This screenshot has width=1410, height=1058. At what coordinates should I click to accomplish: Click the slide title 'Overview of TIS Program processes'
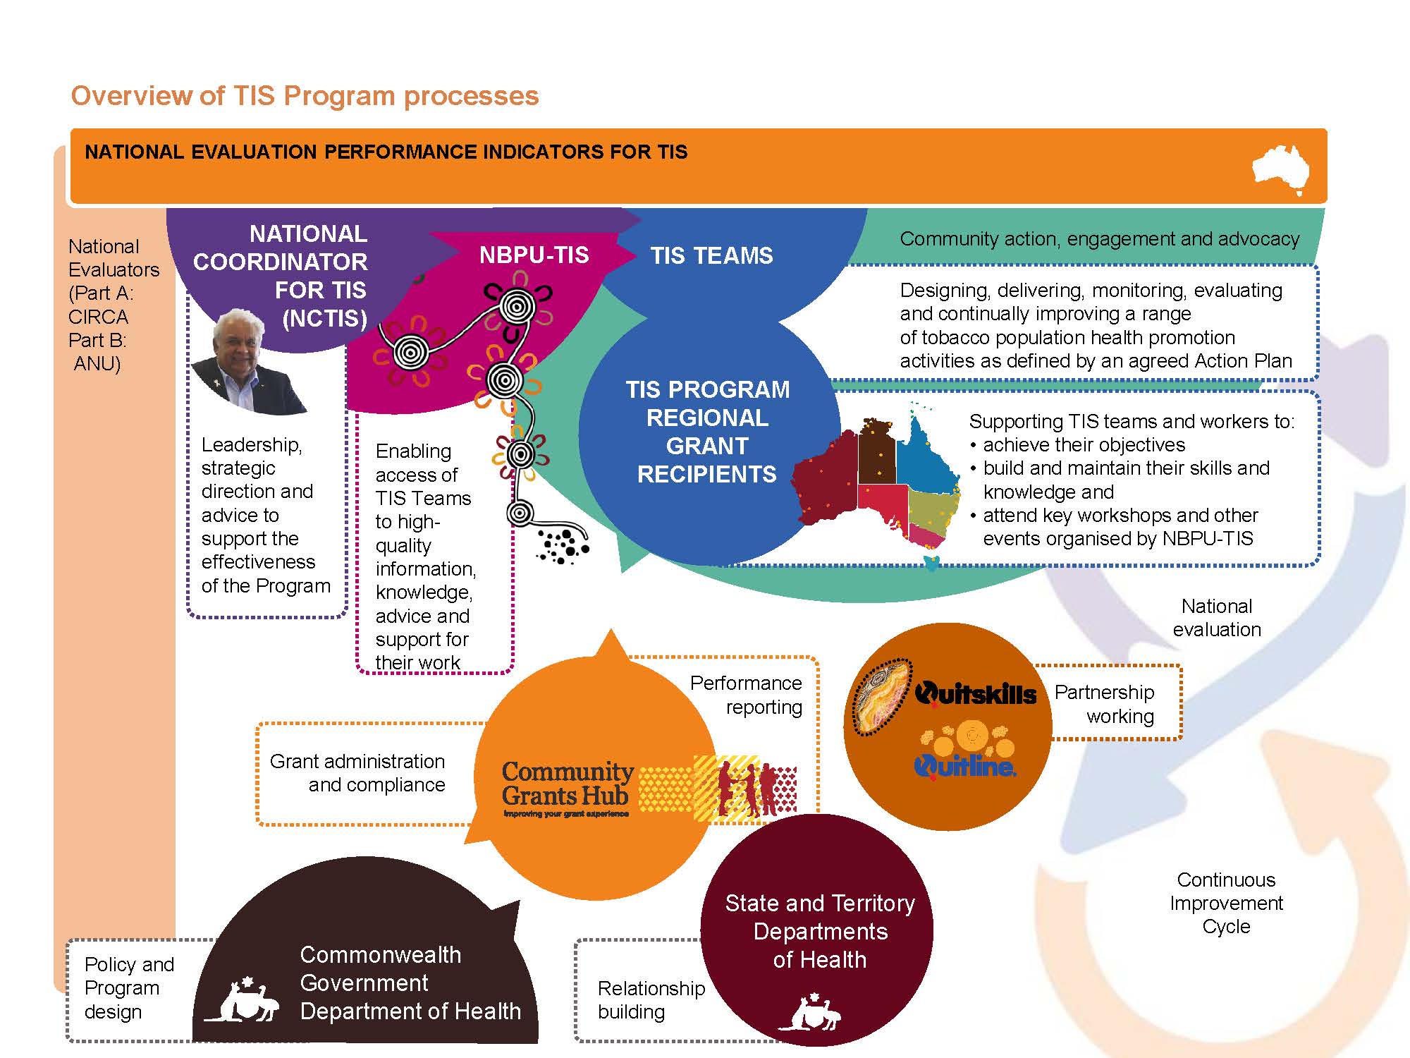[305, 96]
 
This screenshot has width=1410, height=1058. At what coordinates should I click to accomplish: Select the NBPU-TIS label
[534, 255]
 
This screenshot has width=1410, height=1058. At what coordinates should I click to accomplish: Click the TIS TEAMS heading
[711, 255]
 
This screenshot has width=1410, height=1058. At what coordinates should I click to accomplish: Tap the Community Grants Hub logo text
[566, 784]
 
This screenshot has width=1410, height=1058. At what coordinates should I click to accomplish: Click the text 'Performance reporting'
[746, 695]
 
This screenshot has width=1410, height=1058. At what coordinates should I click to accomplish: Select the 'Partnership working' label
[1105, 704]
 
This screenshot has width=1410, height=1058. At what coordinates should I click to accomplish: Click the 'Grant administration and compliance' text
[358, 773]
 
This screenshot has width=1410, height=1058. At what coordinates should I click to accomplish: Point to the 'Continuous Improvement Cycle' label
[1226, 903]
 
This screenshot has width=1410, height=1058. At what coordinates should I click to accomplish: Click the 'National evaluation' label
[1217, 618]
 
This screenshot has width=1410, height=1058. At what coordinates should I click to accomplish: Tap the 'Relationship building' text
[650, 999]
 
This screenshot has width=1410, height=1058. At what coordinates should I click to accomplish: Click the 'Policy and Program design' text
[128, 987]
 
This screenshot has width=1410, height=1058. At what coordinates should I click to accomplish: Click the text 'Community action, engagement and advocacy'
[1099, 239]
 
